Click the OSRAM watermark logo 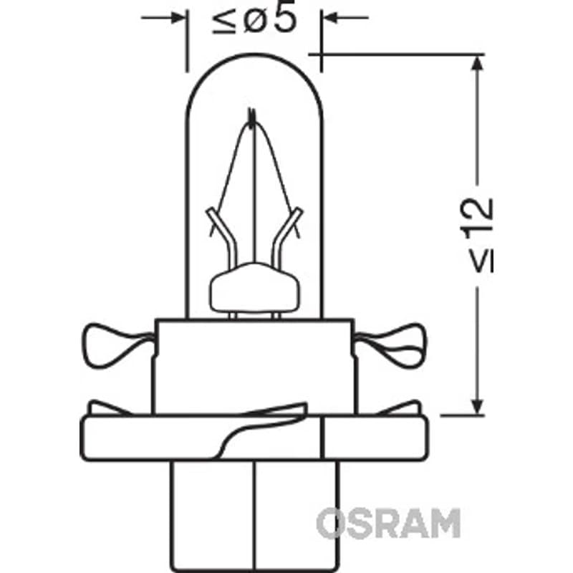click(388, 523)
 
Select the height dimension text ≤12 click(477, 236)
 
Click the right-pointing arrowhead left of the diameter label click(177, 17)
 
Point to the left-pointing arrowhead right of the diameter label click(331, 17)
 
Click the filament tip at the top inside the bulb click(251, 117)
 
